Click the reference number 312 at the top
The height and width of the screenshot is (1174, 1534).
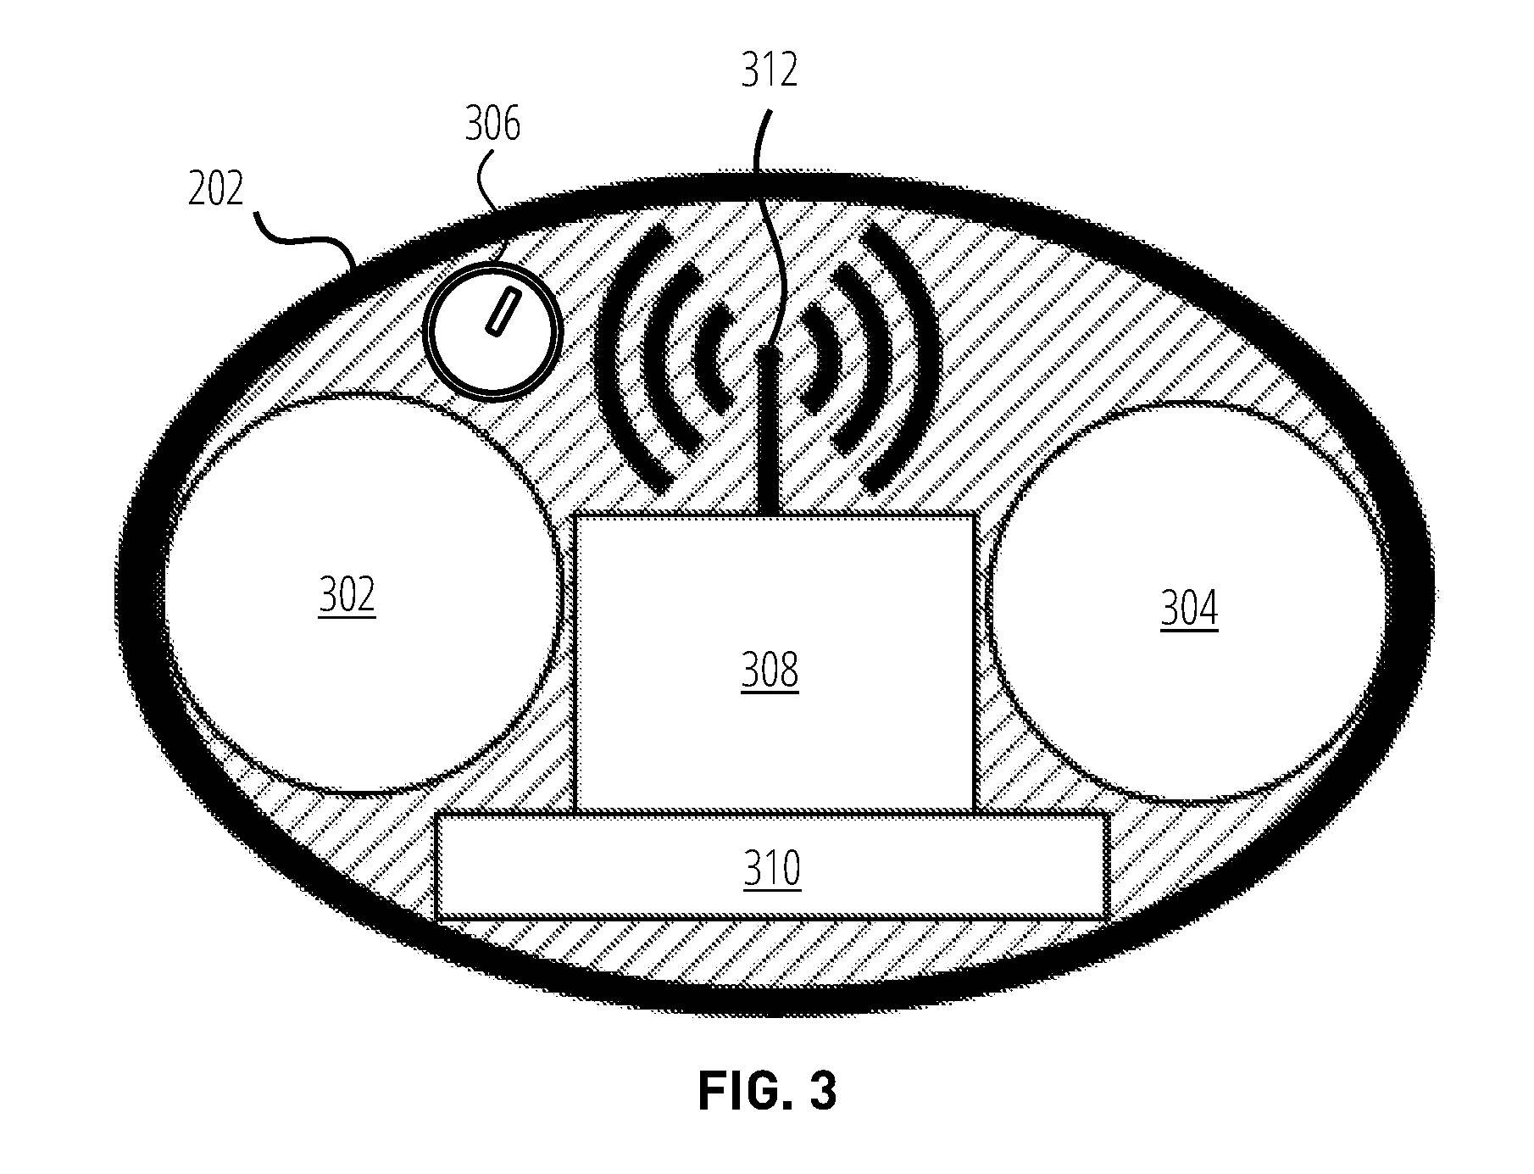click(770, 70)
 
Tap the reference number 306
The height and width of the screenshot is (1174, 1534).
click(492, 125)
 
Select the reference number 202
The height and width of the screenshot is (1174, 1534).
click(216, 188)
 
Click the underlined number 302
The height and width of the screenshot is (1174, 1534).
click(347, 595)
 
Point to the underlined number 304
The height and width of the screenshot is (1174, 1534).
click(1189, 609)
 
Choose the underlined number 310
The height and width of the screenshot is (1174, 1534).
click(772, 869)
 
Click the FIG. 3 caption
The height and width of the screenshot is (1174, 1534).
click(767, 1091)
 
